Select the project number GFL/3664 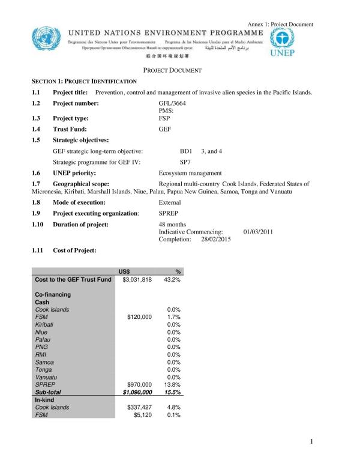click(172, 104)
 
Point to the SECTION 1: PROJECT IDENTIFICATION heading click(84, 80)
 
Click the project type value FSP click(164, 118)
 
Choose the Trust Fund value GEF click(165, 129)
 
